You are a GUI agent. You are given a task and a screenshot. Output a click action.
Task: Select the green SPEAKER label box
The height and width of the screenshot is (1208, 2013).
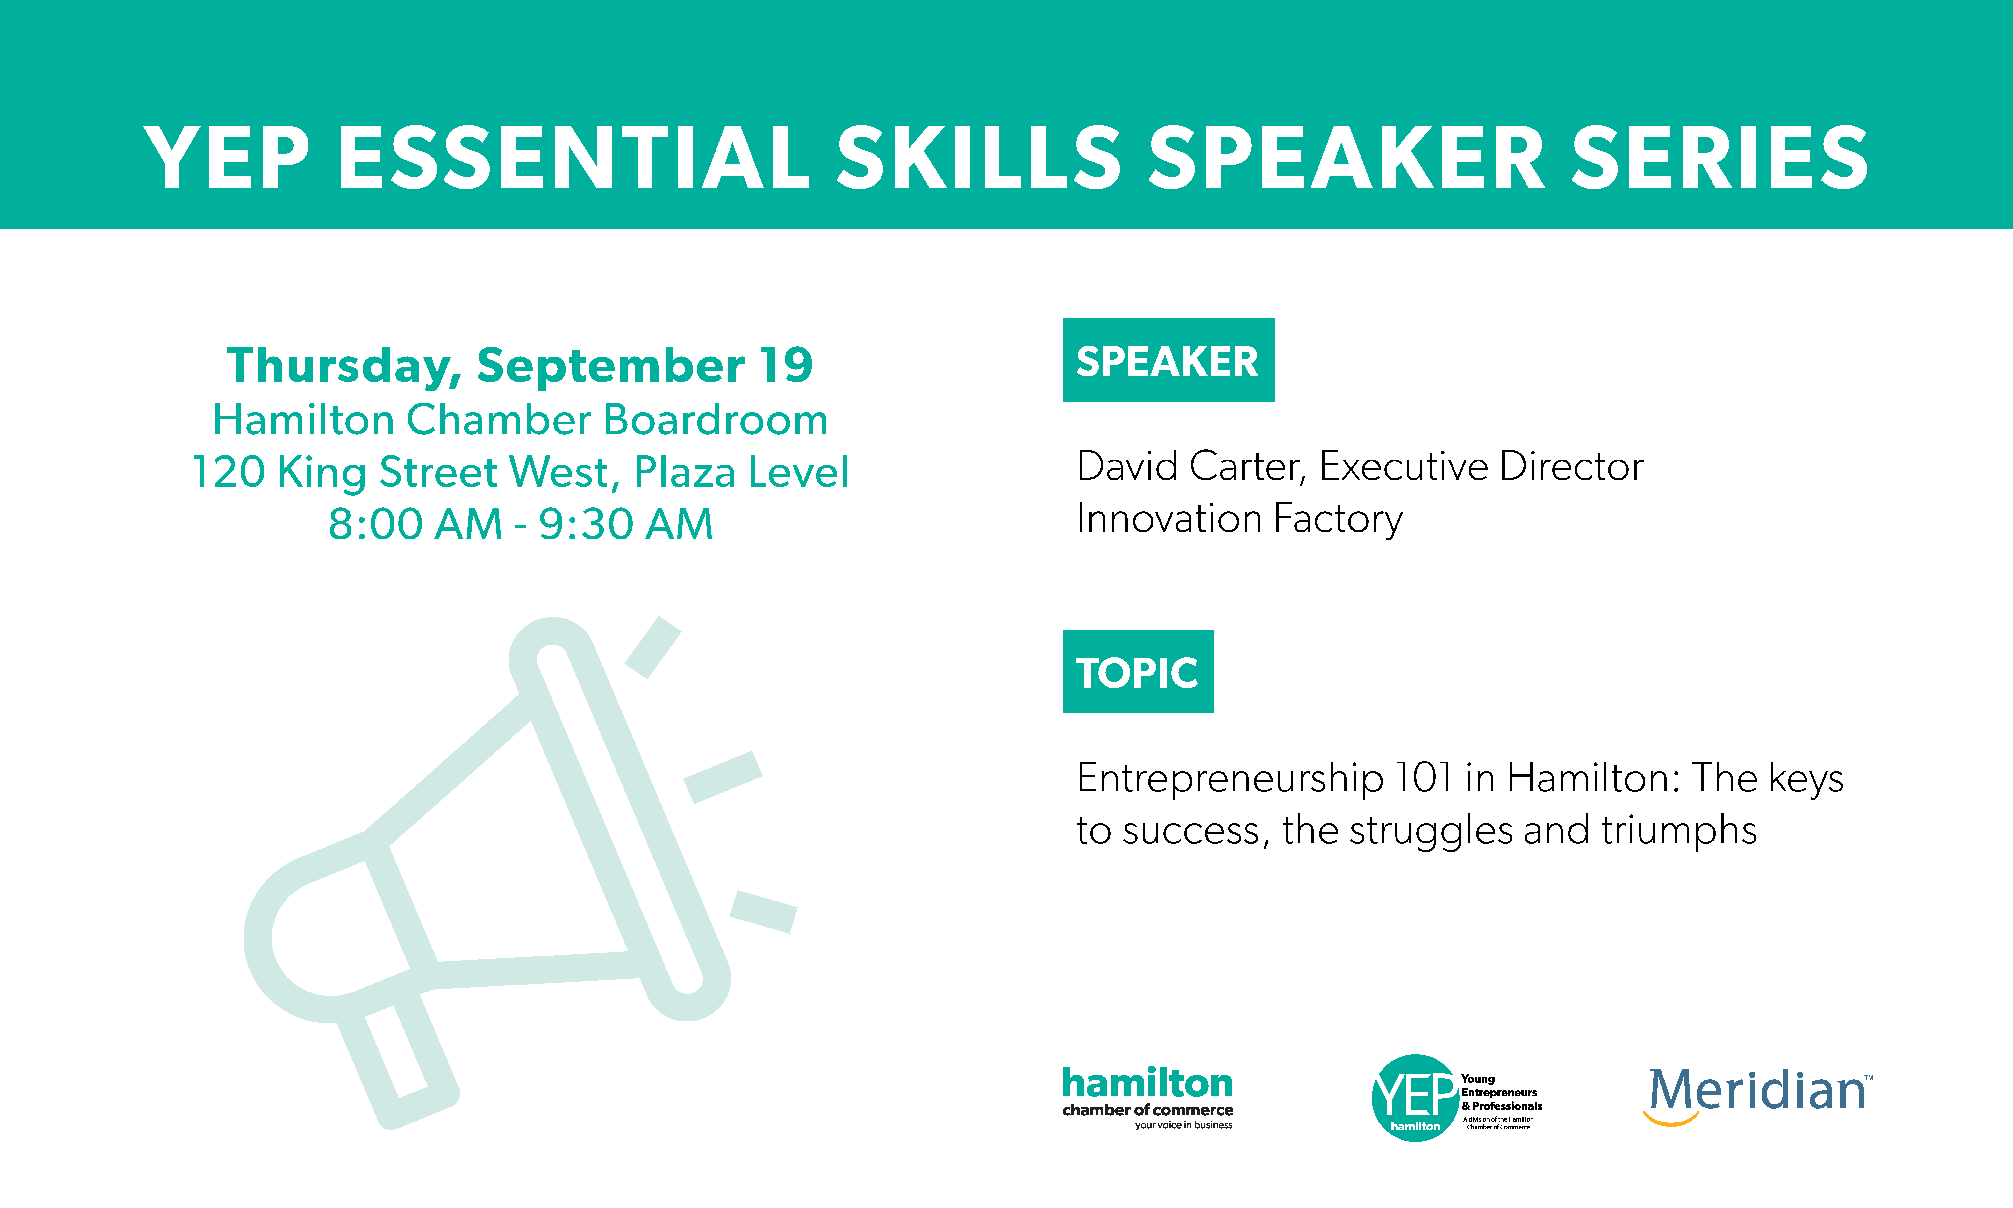[1168, 360]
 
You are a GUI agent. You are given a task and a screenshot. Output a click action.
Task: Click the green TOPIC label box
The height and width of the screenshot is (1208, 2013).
[1138, 672]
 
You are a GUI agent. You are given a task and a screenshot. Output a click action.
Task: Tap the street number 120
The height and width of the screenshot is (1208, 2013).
[229, 472]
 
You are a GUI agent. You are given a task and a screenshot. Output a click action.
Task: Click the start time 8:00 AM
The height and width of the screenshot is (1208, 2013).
[415, 524]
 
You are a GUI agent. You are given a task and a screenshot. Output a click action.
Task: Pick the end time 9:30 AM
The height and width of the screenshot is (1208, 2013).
[626, 524]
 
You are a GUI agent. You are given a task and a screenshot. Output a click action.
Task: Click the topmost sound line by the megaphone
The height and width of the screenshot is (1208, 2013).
[652, 647]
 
